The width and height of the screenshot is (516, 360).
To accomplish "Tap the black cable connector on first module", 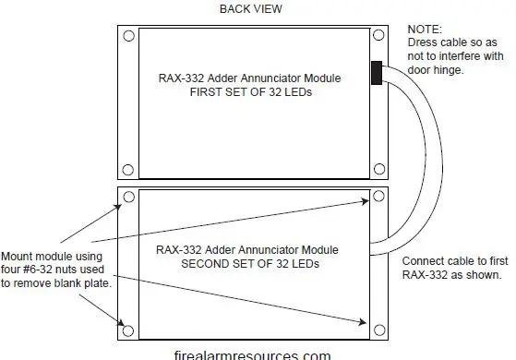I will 377,74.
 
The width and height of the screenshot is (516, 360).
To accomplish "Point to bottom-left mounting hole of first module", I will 129,168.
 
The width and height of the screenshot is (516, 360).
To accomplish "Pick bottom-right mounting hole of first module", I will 379,168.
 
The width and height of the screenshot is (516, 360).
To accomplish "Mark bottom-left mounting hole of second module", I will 129,325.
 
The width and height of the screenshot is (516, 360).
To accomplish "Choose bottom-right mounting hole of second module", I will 379,325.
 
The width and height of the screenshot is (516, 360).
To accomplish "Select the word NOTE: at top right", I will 422,30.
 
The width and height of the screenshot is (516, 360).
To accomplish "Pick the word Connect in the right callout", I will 425,260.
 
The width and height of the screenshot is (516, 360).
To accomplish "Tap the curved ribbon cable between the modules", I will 403,157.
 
